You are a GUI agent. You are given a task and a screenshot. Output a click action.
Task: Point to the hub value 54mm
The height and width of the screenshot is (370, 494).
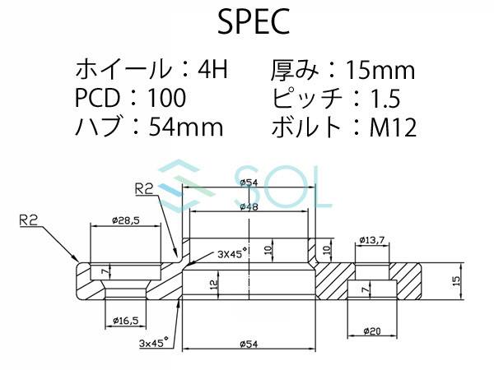pyautogui.click(x=186, y=127)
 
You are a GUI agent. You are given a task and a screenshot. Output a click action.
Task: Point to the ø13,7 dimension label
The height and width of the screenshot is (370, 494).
pyautogui.click(x=370, y=240)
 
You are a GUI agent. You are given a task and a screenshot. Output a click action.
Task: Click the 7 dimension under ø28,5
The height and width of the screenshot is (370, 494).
pyautogui.click(x=104, y=269)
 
